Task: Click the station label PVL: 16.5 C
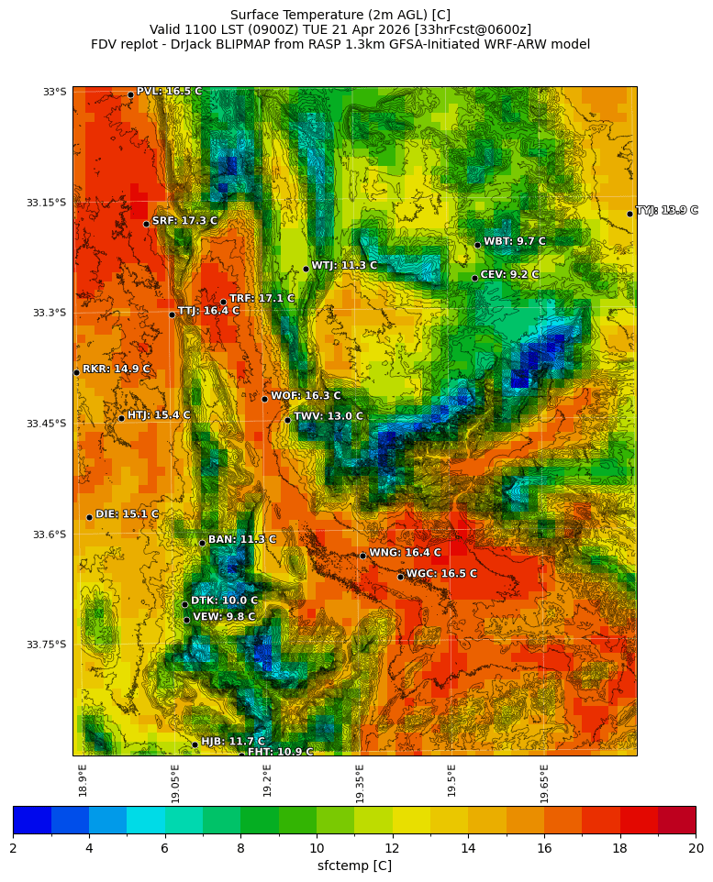(169, 92)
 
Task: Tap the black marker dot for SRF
(146, 224)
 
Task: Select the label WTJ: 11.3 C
(344, 266)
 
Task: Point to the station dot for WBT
(477, 245)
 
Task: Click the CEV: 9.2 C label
(509, 275)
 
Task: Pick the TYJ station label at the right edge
(667, 211)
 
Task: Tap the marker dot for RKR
(76, 372)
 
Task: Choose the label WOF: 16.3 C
(306, 396)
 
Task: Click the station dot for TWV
(287, 420)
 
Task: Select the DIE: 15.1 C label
(127, 514)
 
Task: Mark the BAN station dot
(202, 543)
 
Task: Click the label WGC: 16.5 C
(441, 574)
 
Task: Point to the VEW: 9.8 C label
(224, 617)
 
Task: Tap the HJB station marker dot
(195, 744)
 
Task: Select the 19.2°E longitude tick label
(267, 780)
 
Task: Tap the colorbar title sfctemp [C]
(354, 865)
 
